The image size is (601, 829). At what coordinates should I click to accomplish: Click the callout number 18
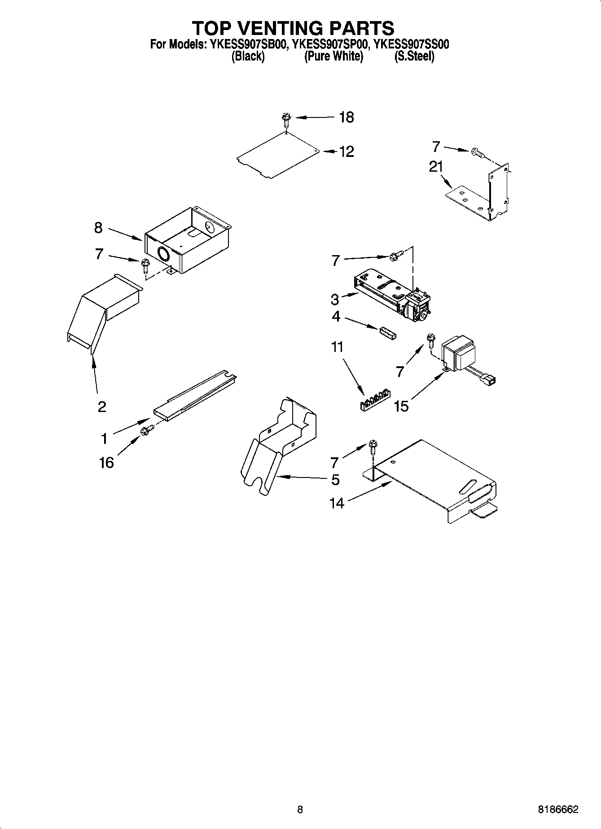(346, 117)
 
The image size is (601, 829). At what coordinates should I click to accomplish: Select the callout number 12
(346, 152)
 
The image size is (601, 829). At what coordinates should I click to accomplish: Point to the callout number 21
(435, 167)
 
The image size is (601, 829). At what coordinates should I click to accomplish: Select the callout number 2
(102, 407)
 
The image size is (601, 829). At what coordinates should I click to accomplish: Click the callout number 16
(106, 462)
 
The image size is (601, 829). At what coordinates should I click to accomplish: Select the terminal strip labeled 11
(375, 399)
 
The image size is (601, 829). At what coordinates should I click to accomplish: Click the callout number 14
(336, 503)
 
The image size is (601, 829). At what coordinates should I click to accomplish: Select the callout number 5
(335, 480)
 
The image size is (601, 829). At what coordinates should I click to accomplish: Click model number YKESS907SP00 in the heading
(330, 44)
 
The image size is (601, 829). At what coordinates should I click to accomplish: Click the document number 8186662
(558, 810)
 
